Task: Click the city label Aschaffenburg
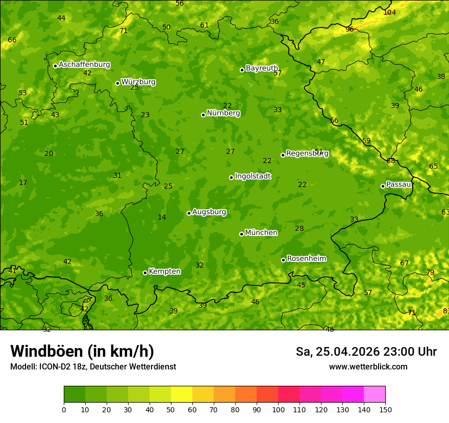(x=84, y=65)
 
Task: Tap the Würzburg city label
(x=138, y=82)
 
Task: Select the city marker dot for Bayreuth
(x=242, y=70)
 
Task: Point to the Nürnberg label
(x=223, y=113)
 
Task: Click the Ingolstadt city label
(x=253, y=176)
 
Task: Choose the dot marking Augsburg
(x=189, y=213)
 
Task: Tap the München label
(x=261, y=233)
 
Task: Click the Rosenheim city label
(x=306, y=259)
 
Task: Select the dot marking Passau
(x=383, y=186)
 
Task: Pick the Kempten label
(x=164, y=272)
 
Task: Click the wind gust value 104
(x=389, y=12)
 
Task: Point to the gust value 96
(x=350, y=29)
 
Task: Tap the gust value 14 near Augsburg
(x=162, y=218)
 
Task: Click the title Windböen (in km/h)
(x=82, y=351)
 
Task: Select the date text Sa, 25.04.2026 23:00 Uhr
(x=366, y=352)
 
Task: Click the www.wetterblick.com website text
(x=368, y=367)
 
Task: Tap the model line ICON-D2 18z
(x=93, y=367)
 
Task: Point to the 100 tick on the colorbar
(x=278, y=409)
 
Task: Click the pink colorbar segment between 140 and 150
(x=375, y=394)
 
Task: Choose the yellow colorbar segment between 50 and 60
(x=182, y=394)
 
